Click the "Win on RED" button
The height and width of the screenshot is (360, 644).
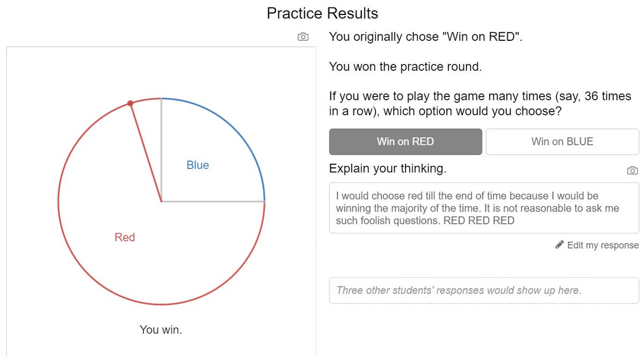(x=405, y=142)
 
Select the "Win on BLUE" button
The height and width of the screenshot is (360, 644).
(x=562, y=142)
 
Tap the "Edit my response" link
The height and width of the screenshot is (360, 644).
(x=603, y=245)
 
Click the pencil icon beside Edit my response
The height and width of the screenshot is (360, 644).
(x=560, y=245)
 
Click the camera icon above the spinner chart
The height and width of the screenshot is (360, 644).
(x=303, y=37)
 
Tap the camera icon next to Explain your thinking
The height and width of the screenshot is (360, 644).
(x=632, y=170)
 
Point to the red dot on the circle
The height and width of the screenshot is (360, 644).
(x=130, y=103)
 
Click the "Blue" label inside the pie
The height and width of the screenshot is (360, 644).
(x=197, y=165)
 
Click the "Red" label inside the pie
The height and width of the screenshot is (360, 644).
(x=125, y=237)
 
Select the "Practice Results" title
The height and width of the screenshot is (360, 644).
(x=322, y=13)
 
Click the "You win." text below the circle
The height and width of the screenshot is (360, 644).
(x=161, y=329)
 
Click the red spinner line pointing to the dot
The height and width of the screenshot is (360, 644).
(x=145, y=152)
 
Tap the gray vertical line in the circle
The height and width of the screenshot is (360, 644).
(x=161, y=150)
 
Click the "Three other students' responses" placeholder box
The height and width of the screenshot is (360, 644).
(x=484, y=290)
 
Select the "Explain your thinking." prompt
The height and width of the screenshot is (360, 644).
(x=387, y=169)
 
